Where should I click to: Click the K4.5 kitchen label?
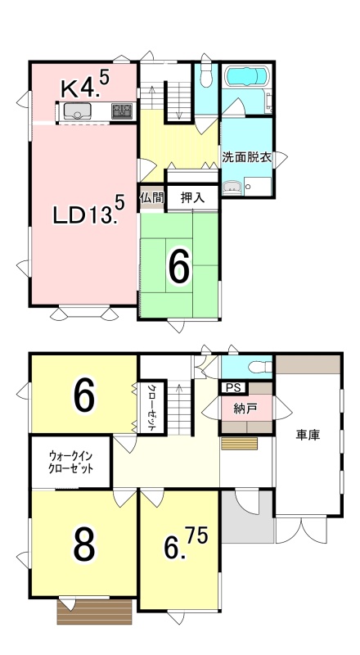coord(86,85)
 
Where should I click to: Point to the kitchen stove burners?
coord(122,111)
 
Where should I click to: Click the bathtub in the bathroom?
coord(246,77)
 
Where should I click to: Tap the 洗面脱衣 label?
coord(247,157)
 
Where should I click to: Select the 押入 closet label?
coord(192,197)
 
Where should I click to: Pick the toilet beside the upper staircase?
coord(205,76)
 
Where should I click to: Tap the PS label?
coord(232,387)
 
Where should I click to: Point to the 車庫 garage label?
coord(308,436)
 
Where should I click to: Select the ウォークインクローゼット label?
coord(71,462)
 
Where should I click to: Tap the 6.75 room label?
coord(186,544)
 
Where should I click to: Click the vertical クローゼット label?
coord(151,407)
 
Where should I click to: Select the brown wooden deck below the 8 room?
coord(94,612)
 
